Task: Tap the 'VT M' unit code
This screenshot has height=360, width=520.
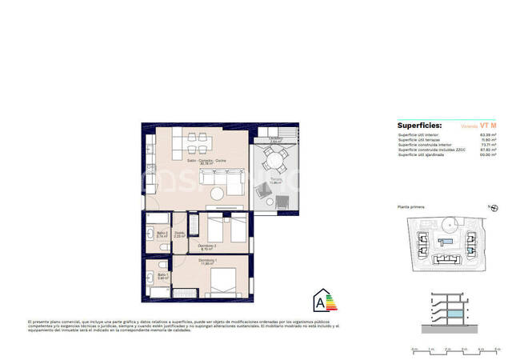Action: (x=488, y=126)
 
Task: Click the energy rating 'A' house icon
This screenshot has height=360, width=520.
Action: (x=322, y=302)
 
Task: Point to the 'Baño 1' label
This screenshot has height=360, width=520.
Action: (x=162, y=274)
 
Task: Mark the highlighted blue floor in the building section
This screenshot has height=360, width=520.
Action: (x=453, y=317)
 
